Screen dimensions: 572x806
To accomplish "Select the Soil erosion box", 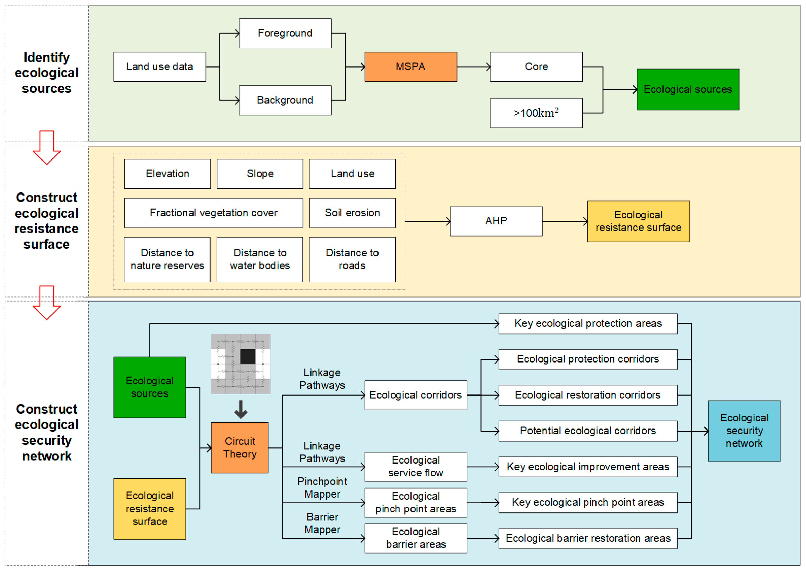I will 352,213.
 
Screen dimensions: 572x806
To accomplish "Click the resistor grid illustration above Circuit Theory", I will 240,364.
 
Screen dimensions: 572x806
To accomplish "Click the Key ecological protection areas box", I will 587,323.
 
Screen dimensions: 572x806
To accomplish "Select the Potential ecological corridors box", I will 587,431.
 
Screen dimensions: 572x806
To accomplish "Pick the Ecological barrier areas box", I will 416,538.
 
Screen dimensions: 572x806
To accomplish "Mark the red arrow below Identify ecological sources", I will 47,147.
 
